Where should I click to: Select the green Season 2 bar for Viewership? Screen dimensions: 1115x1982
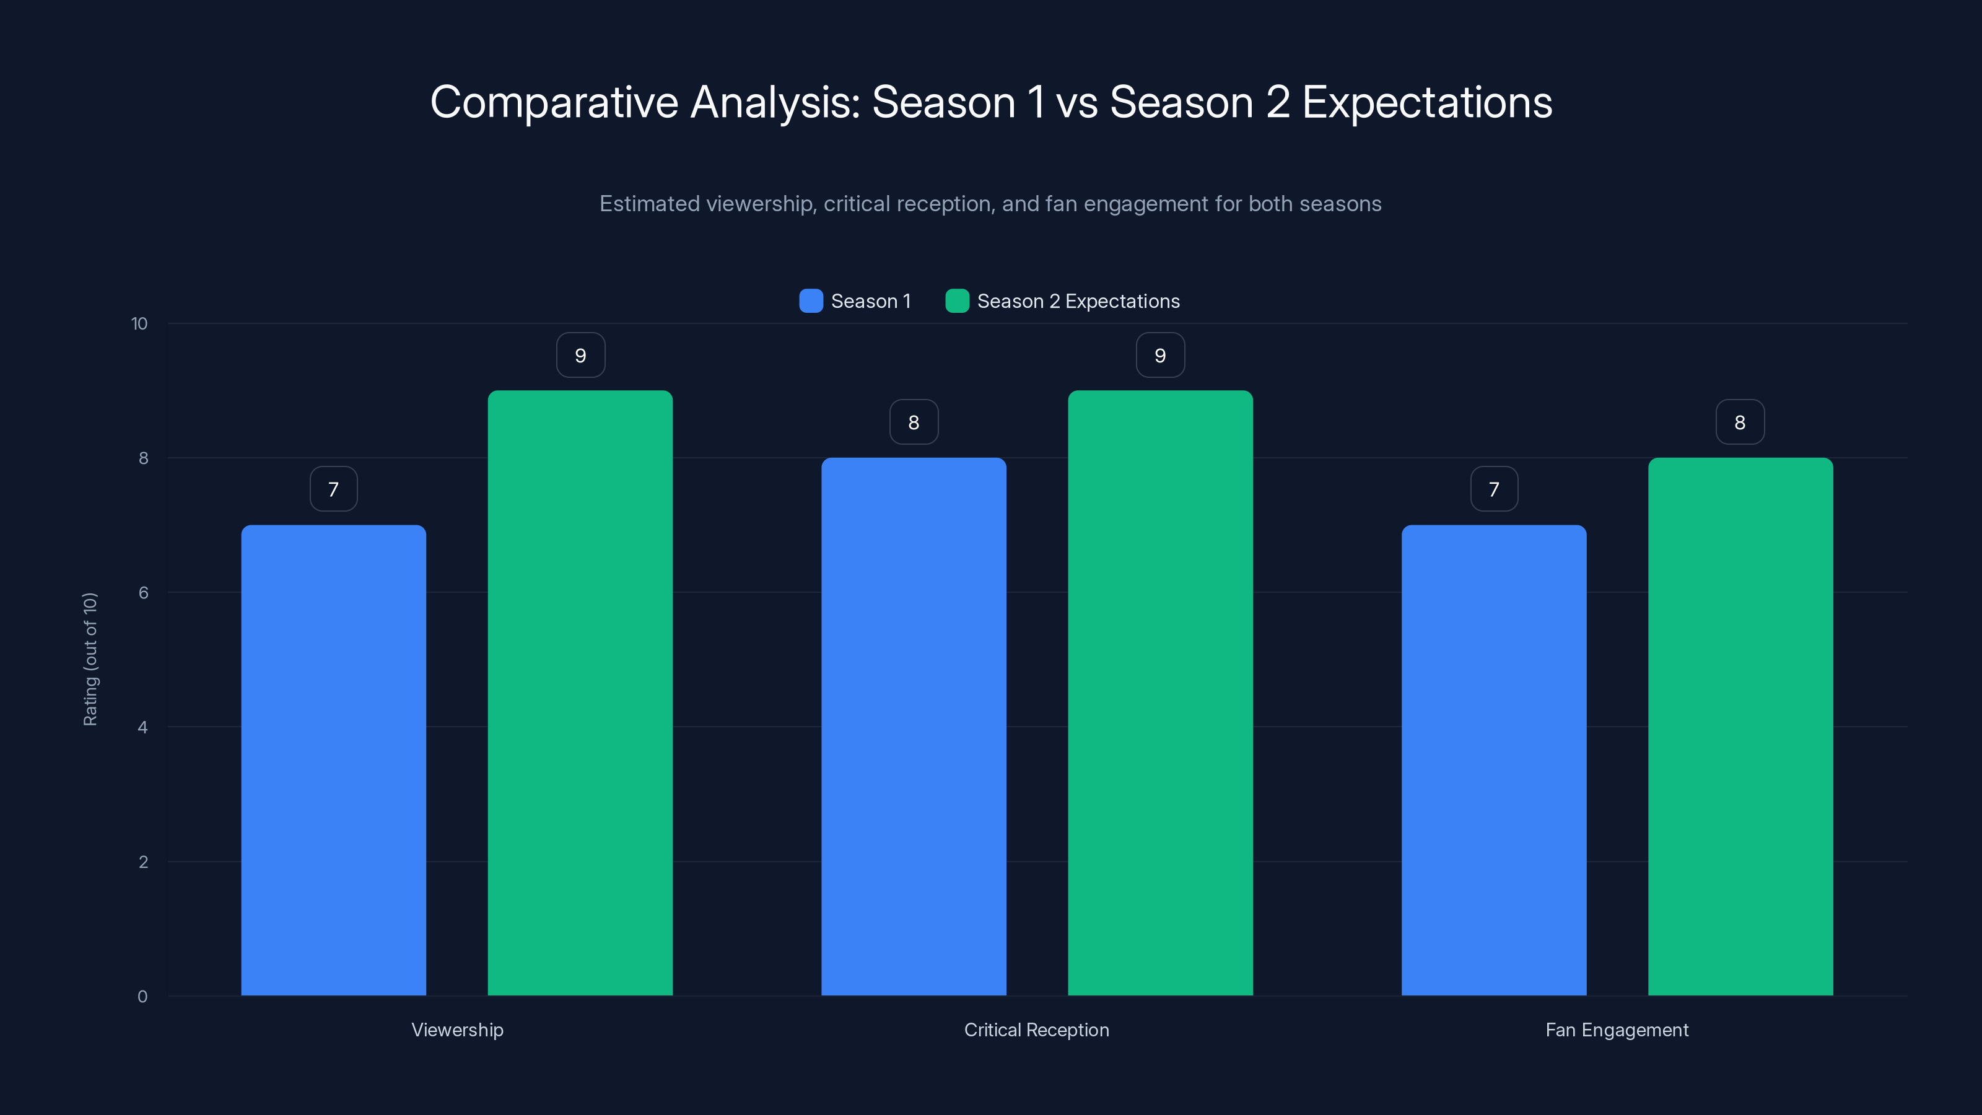point(580,693)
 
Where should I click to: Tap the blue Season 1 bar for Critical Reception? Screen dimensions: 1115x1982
point(914,727)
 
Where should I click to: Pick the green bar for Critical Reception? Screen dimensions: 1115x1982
point(1160,693)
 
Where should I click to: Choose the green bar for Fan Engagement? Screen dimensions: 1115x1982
point(1740,727)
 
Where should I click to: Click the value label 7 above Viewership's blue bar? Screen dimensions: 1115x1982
point(333,489)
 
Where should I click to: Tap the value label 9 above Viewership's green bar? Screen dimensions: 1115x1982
point(580,355)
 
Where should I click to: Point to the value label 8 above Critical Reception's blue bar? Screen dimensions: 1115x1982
point(914,422)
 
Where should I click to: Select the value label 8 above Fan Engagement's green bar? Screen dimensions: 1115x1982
point(1740,422)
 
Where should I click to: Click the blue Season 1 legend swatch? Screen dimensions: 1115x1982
point(811,301)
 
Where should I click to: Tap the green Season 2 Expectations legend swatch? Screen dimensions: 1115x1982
point(956,301)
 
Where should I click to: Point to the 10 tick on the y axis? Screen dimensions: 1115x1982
point(139,323)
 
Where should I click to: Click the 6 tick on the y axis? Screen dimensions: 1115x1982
point(143,593)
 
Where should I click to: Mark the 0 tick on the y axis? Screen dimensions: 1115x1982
point(142,997)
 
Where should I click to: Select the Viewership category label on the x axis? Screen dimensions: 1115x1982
point(457,1030)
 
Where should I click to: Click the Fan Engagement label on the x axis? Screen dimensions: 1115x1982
point(1617,1030)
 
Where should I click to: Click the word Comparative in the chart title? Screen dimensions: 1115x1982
point(554,102)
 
